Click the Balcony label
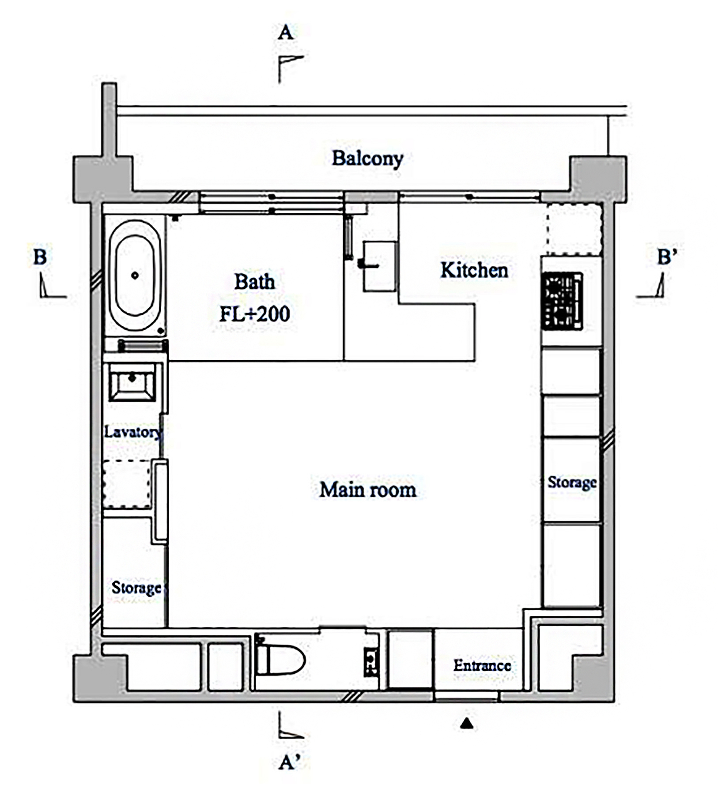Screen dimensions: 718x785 367,159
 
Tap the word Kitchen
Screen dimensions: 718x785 474,270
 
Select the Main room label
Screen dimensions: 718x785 368,490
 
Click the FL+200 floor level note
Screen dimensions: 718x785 255,314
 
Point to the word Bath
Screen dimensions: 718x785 254,282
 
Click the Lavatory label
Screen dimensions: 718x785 133,432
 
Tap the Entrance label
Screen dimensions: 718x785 482,665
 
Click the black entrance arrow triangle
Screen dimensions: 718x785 467,724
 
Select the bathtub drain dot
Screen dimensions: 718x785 135,276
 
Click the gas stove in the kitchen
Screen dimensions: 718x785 562,301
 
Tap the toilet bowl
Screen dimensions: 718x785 280,660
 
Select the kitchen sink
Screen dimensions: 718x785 379,266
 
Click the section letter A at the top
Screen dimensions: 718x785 285,32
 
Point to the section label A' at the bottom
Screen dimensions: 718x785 290,762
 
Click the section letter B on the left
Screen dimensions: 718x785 40,257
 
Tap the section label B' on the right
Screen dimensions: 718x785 667,257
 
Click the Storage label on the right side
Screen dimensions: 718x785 572,482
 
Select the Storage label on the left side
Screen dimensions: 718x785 136,588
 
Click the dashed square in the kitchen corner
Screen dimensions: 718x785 574,229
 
